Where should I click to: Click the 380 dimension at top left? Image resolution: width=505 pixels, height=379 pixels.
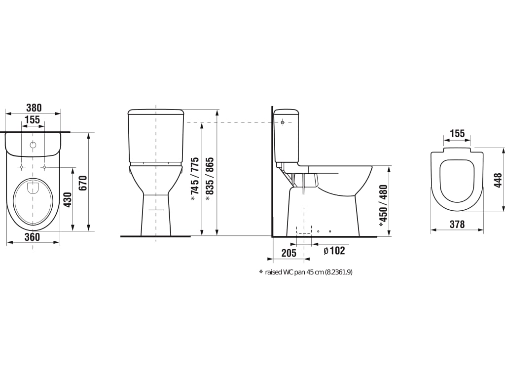[x=34, y=107]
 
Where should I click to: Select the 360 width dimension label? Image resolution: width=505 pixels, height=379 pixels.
[x=33, y=237]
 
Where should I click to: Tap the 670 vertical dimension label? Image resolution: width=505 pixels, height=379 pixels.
[x=83, y=183]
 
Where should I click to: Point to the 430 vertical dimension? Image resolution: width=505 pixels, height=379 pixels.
[x=68, y=200]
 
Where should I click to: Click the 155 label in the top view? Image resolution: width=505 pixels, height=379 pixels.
[x=33, y=120]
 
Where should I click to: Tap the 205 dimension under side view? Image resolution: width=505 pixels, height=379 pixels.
[x=289, y=253]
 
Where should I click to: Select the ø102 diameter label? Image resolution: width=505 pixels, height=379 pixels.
[x=334, y=250]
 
